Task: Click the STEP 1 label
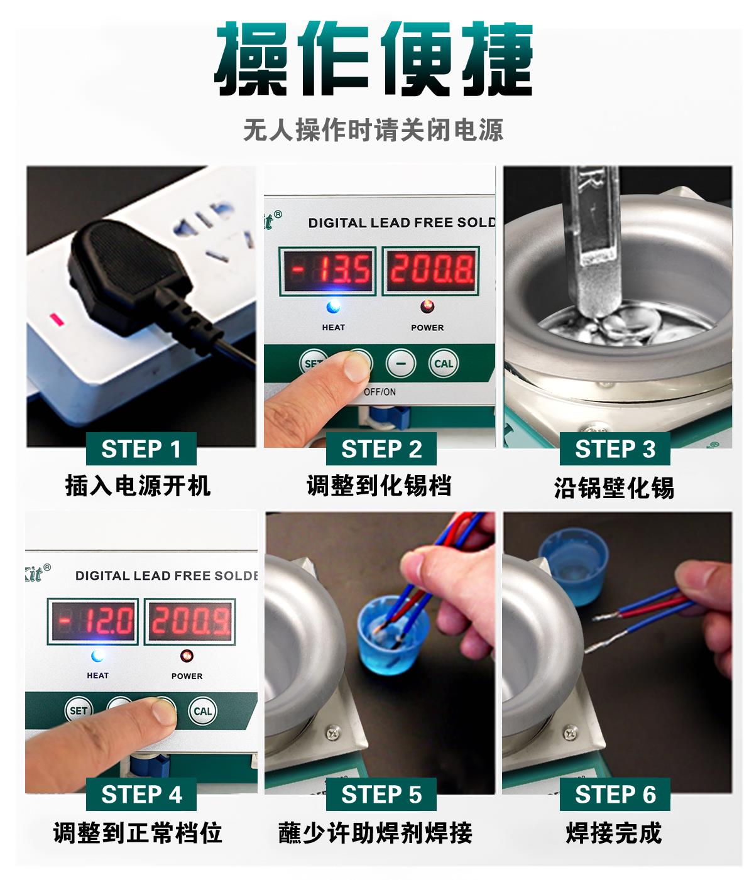pyautogui.click(x=141, y=448)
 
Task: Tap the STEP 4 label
pyautogui.click(x=141, y=794)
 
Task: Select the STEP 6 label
pyautogui.click(x=615, y=794)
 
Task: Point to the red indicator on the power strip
pyautogui.click(x=57, y=319)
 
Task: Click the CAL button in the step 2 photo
pyautogui.click(x=444, y=364)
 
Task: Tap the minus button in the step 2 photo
pyautogui.click(x=401, y=364)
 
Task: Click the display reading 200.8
pyautogui.click(x=430, y=271)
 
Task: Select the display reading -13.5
pyautogui.click(x=327, y=271)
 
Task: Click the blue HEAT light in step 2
pyautogui.click(x=333, y=307)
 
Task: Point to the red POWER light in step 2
pyautogui.click(x=427, y=306)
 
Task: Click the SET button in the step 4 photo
pyautogui.click(x=79, y=710)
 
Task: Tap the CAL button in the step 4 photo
pyautogui.click(x=202, y=711)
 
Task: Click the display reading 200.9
pyautogui.click(x=190, y=621)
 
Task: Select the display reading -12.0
pyautogui.click(x=92, y=621)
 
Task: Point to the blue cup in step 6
pyautogui.click(x=573, y=566)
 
